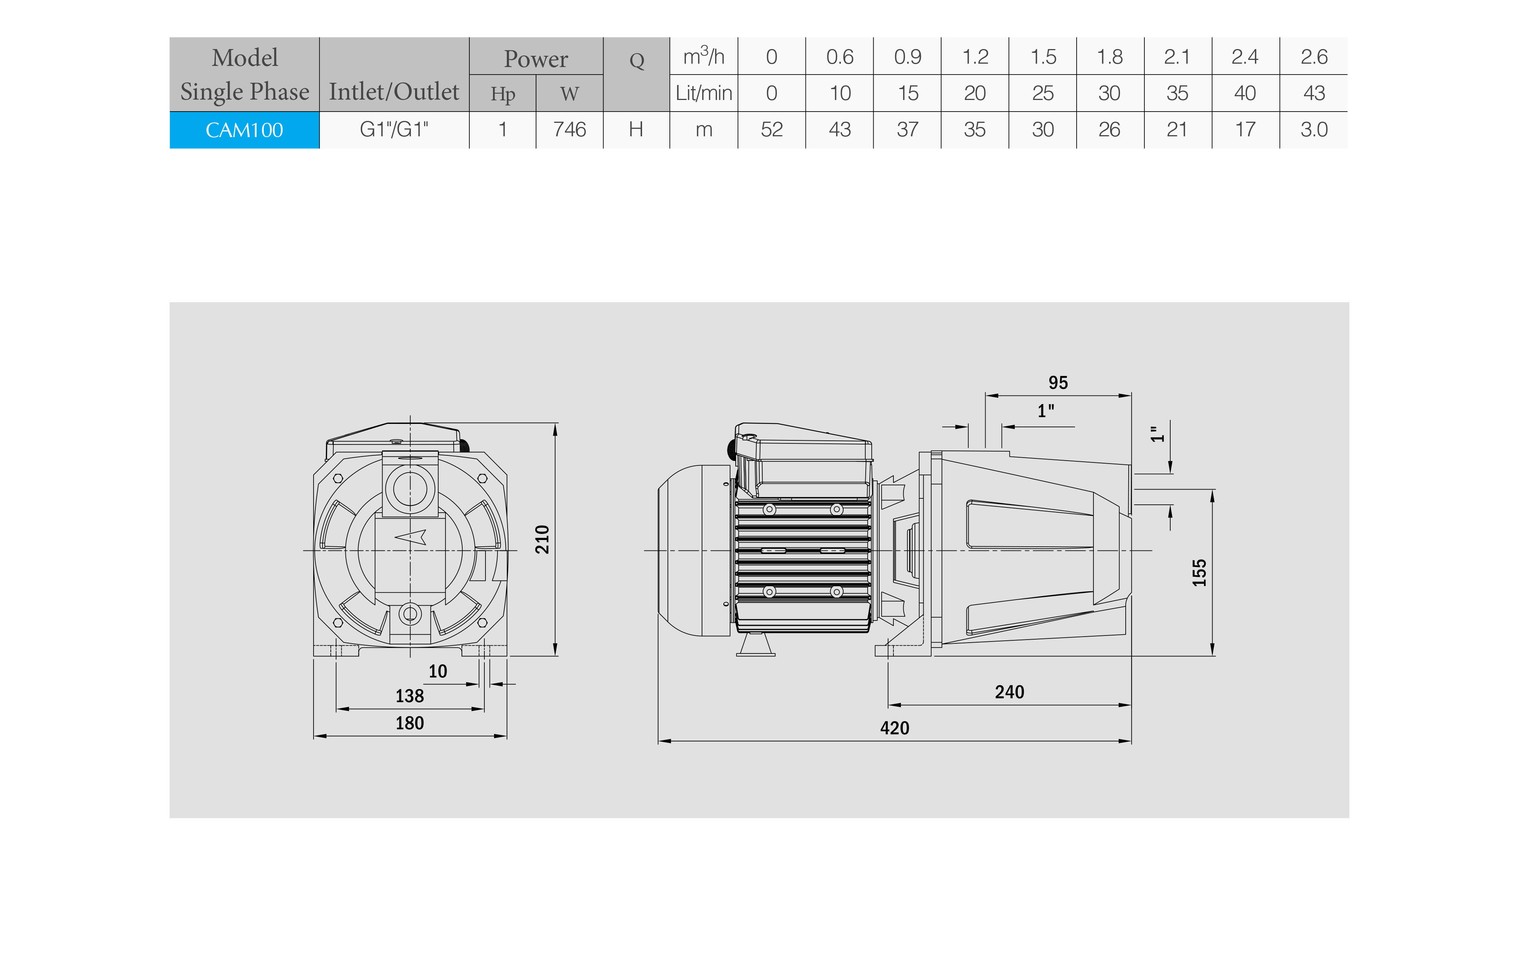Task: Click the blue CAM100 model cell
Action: click(x=244, y=130)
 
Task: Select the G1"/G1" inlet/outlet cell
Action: click(x=394, y=130)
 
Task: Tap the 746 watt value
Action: click(x=569, y=130)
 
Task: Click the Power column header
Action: click(x=536, y=59)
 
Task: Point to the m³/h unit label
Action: click(x=703, y=56)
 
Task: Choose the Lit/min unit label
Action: click(x=703, y=93)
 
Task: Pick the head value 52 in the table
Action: click(x=772, y=130)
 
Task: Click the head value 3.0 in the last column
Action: click(x=1314, y=130)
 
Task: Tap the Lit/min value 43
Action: click(x=1314, y=93)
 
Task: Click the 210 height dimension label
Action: click(x=542, y=540)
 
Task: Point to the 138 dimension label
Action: click(x=409, y=696)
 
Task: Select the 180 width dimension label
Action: click(x=409, y=723)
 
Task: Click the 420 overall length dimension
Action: click(x=895, y=728)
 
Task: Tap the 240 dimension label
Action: click(x=1009, y=692)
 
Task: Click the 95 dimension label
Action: click(x=1058, y=383)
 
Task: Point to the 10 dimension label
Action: click(x=438, y=671)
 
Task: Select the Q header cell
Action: click(x=636, y=61)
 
